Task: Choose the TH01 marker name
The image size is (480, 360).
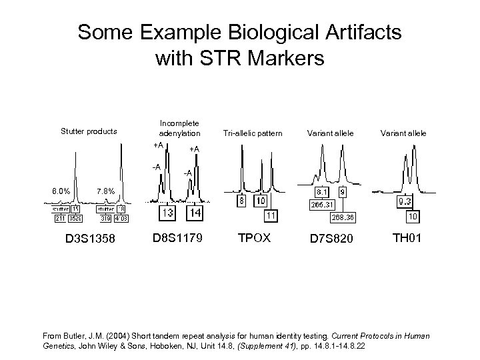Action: [x=407, y=237]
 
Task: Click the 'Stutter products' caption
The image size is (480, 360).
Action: [x=89, y=131]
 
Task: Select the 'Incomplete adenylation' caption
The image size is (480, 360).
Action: [x=179, y=127]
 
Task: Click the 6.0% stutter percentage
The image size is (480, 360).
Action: [x=63, y=192]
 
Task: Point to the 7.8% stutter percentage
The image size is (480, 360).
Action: [x=107, y=192]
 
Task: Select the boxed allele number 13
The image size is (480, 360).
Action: [x=167, y=213]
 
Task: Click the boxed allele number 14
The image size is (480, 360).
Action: [x=195, y=213]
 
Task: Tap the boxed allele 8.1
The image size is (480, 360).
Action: [x=321, y=191]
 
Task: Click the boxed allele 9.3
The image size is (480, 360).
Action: [x=404, y=200]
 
